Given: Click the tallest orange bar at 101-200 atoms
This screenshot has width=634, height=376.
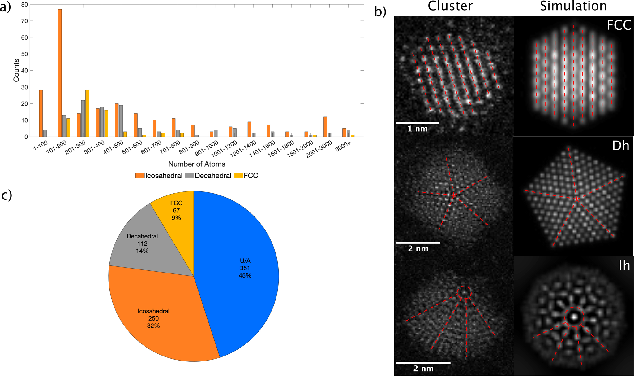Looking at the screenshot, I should [x=60, y=73].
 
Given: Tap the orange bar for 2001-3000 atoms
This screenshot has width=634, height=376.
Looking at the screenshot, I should [x=325, y=127].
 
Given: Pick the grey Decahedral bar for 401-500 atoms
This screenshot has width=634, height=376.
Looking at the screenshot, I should [x=121, y=121].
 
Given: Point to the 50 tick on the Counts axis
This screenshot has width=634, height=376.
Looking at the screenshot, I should [x=24, y=54].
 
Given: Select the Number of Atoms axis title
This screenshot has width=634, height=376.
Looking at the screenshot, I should [x=197, y=164].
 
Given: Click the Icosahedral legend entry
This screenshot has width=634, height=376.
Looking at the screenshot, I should [x=164, y=176].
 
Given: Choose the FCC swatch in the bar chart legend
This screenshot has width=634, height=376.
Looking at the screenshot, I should [x=238, y=176].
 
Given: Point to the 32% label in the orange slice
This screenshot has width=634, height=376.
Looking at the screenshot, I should [x=153, y=326].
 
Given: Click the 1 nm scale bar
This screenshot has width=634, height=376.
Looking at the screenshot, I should [x=418, y=123].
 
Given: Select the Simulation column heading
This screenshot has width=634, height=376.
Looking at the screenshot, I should [x=573, y=6].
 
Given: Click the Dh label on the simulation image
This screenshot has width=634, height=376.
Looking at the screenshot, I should [x=620, y=146].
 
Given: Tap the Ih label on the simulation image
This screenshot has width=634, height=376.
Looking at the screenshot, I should [x=624, y=266].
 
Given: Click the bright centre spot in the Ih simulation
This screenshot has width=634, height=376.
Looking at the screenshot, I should [x=574, y=317].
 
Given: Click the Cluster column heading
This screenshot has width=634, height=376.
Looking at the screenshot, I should [x=450, y=6].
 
